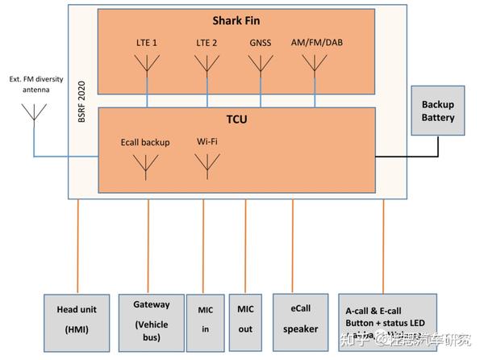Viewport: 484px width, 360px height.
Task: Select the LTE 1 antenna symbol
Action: click(146, 64)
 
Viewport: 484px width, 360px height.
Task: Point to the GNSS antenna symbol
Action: click(261, 64)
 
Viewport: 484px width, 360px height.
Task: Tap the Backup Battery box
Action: click(438, 111)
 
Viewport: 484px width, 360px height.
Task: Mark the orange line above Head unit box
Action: click(78, 246)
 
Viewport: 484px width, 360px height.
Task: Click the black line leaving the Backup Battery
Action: click(438, 145)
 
